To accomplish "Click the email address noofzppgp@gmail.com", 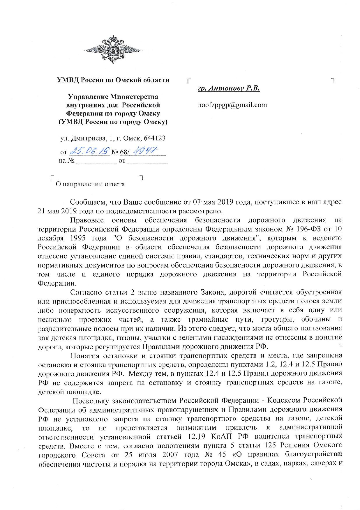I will pos(232,105).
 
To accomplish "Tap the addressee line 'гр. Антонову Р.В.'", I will pos(229,88).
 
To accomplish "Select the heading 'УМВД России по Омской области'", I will pos(113,80).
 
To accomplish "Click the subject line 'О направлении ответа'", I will pos(90,184).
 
